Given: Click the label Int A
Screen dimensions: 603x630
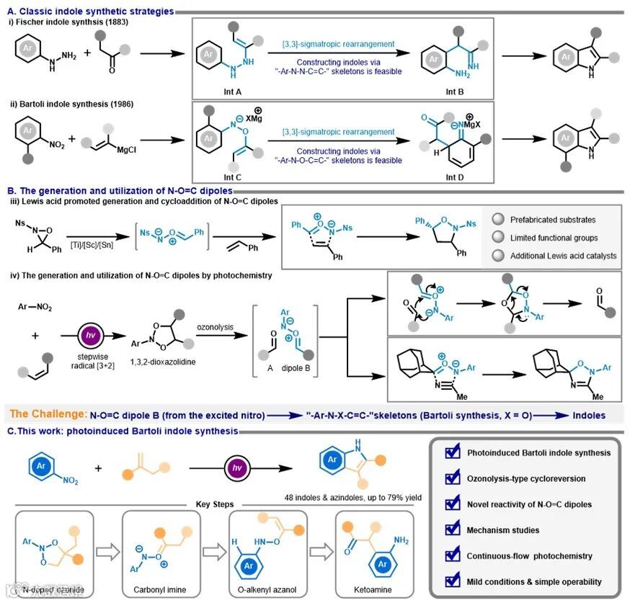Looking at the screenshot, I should (x=214, y=91).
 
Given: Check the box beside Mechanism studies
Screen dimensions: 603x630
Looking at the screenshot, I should (x=453, y=530).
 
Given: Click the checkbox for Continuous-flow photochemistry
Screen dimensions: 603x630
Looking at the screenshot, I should (x=453, y=555).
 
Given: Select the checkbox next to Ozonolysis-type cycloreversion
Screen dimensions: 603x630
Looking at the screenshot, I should (x=453, y=478).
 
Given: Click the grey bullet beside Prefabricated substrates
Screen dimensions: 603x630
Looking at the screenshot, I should (x=497, y=219).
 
